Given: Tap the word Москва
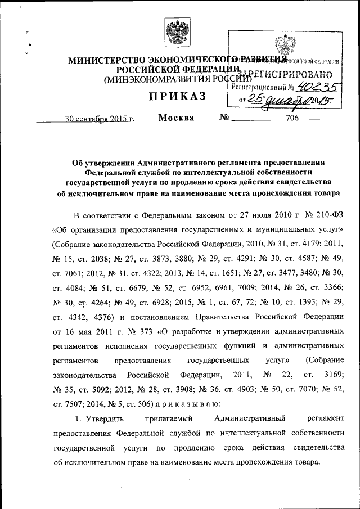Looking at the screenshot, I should coord(176,118).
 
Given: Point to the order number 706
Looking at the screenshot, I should coord(292,119).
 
